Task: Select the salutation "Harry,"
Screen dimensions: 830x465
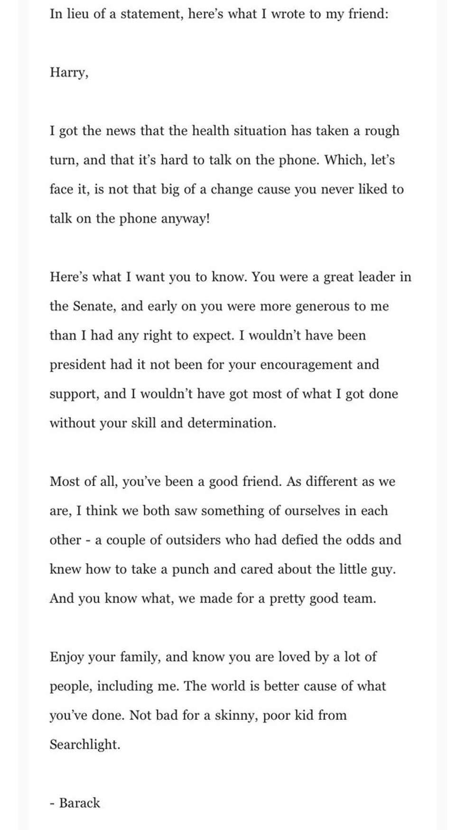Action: click(69, 73)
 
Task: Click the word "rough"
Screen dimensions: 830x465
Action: click(381, 132)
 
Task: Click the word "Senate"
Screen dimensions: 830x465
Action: click(94, 306)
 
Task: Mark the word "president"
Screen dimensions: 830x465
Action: click(78, 364)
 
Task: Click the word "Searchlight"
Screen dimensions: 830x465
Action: click(84, 744)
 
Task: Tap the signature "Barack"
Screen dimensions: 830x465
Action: click(79, 803)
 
